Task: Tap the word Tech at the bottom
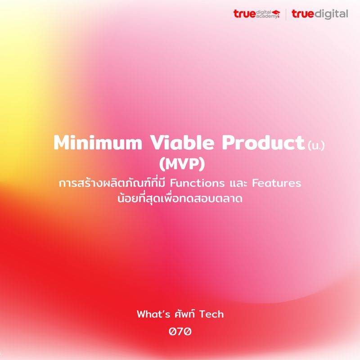coord(211,314)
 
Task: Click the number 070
coord(180,332)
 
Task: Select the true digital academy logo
coord(257,14)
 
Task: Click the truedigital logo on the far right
coord(319,14)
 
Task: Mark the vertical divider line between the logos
coord(286,14)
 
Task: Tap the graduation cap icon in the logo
coord(275,13)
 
